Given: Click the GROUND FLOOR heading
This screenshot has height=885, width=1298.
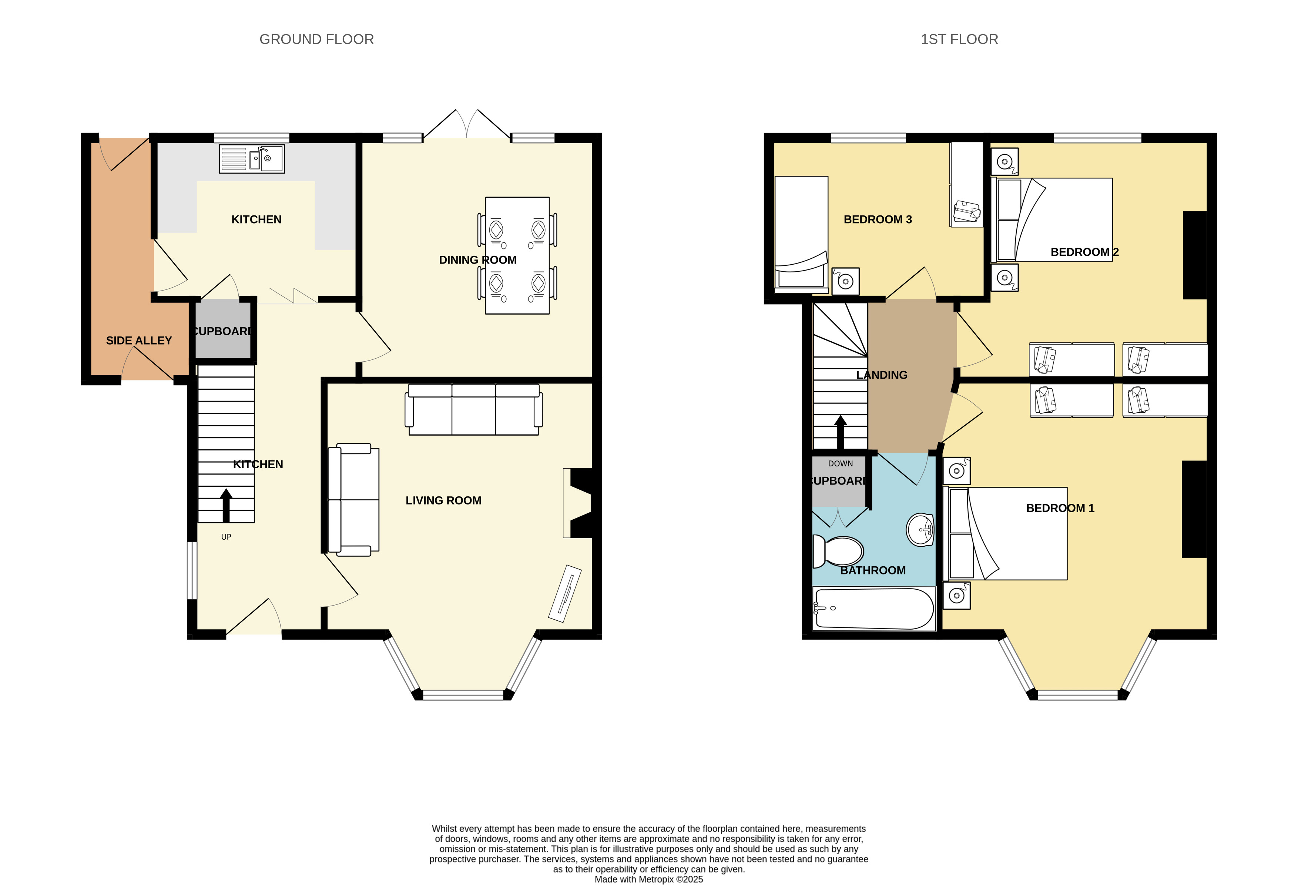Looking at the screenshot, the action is point(317,39).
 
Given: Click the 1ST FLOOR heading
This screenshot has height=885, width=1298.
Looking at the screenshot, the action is point(959,39).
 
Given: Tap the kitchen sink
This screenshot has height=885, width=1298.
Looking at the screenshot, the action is point(252,159).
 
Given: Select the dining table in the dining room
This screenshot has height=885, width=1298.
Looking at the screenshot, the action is point(517,255).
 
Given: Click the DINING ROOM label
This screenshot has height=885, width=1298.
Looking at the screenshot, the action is point(477,260).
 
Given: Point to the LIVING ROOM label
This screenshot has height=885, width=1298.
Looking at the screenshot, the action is point(443,500).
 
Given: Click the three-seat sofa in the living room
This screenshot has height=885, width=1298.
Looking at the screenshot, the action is point(474,409).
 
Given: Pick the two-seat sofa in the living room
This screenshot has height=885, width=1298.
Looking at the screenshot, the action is point(353,499).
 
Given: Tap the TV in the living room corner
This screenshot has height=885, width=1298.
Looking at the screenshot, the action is point(565,593).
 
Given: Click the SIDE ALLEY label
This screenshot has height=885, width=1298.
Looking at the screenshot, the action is point(139,340).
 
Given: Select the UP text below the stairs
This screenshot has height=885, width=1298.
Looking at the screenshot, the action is point(226,537).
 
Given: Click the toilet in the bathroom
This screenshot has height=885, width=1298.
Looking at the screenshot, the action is point(838,551).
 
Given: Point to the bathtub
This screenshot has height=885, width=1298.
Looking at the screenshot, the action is point(873,609).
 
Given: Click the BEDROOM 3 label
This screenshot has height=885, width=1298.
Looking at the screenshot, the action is point(878,219).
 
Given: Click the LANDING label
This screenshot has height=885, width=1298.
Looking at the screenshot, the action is point(882,375).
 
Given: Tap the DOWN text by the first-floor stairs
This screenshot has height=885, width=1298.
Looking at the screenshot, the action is point(841,464).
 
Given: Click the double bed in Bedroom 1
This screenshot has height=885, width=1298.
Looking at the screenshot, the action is point(1005,534).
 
